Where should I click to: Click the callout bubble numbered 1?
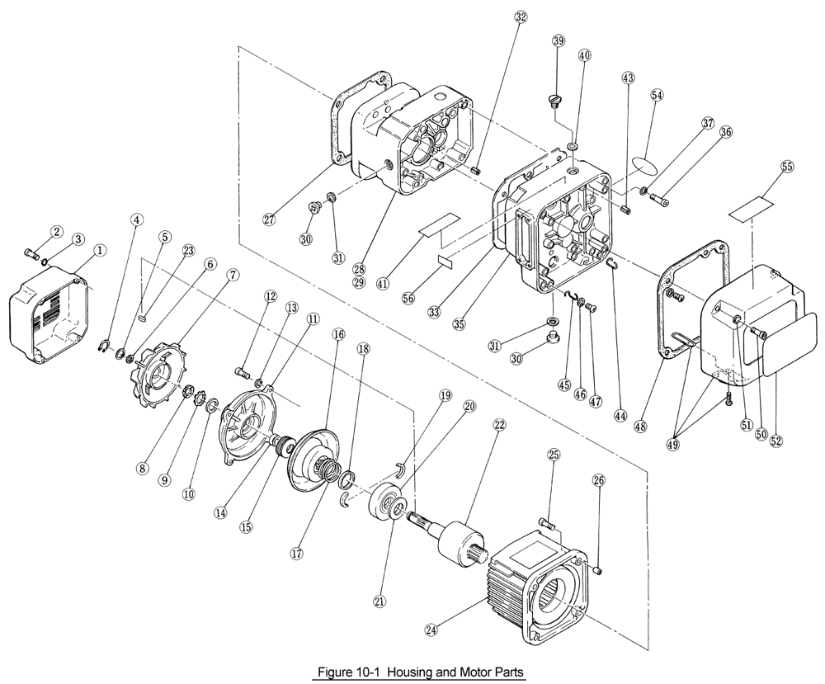click(x=99, y=249)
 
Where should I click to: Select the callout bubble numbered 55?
click(x=786, y=167)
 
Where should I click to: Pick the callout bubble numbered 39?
click(x=559, y=42)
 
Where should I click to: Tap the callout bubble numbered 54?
click(x=657, y=95)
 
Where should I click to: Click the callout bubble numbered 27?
click(x=269, y=219)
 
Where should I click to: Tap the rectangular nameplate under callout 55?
click(x=752, y=207)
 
